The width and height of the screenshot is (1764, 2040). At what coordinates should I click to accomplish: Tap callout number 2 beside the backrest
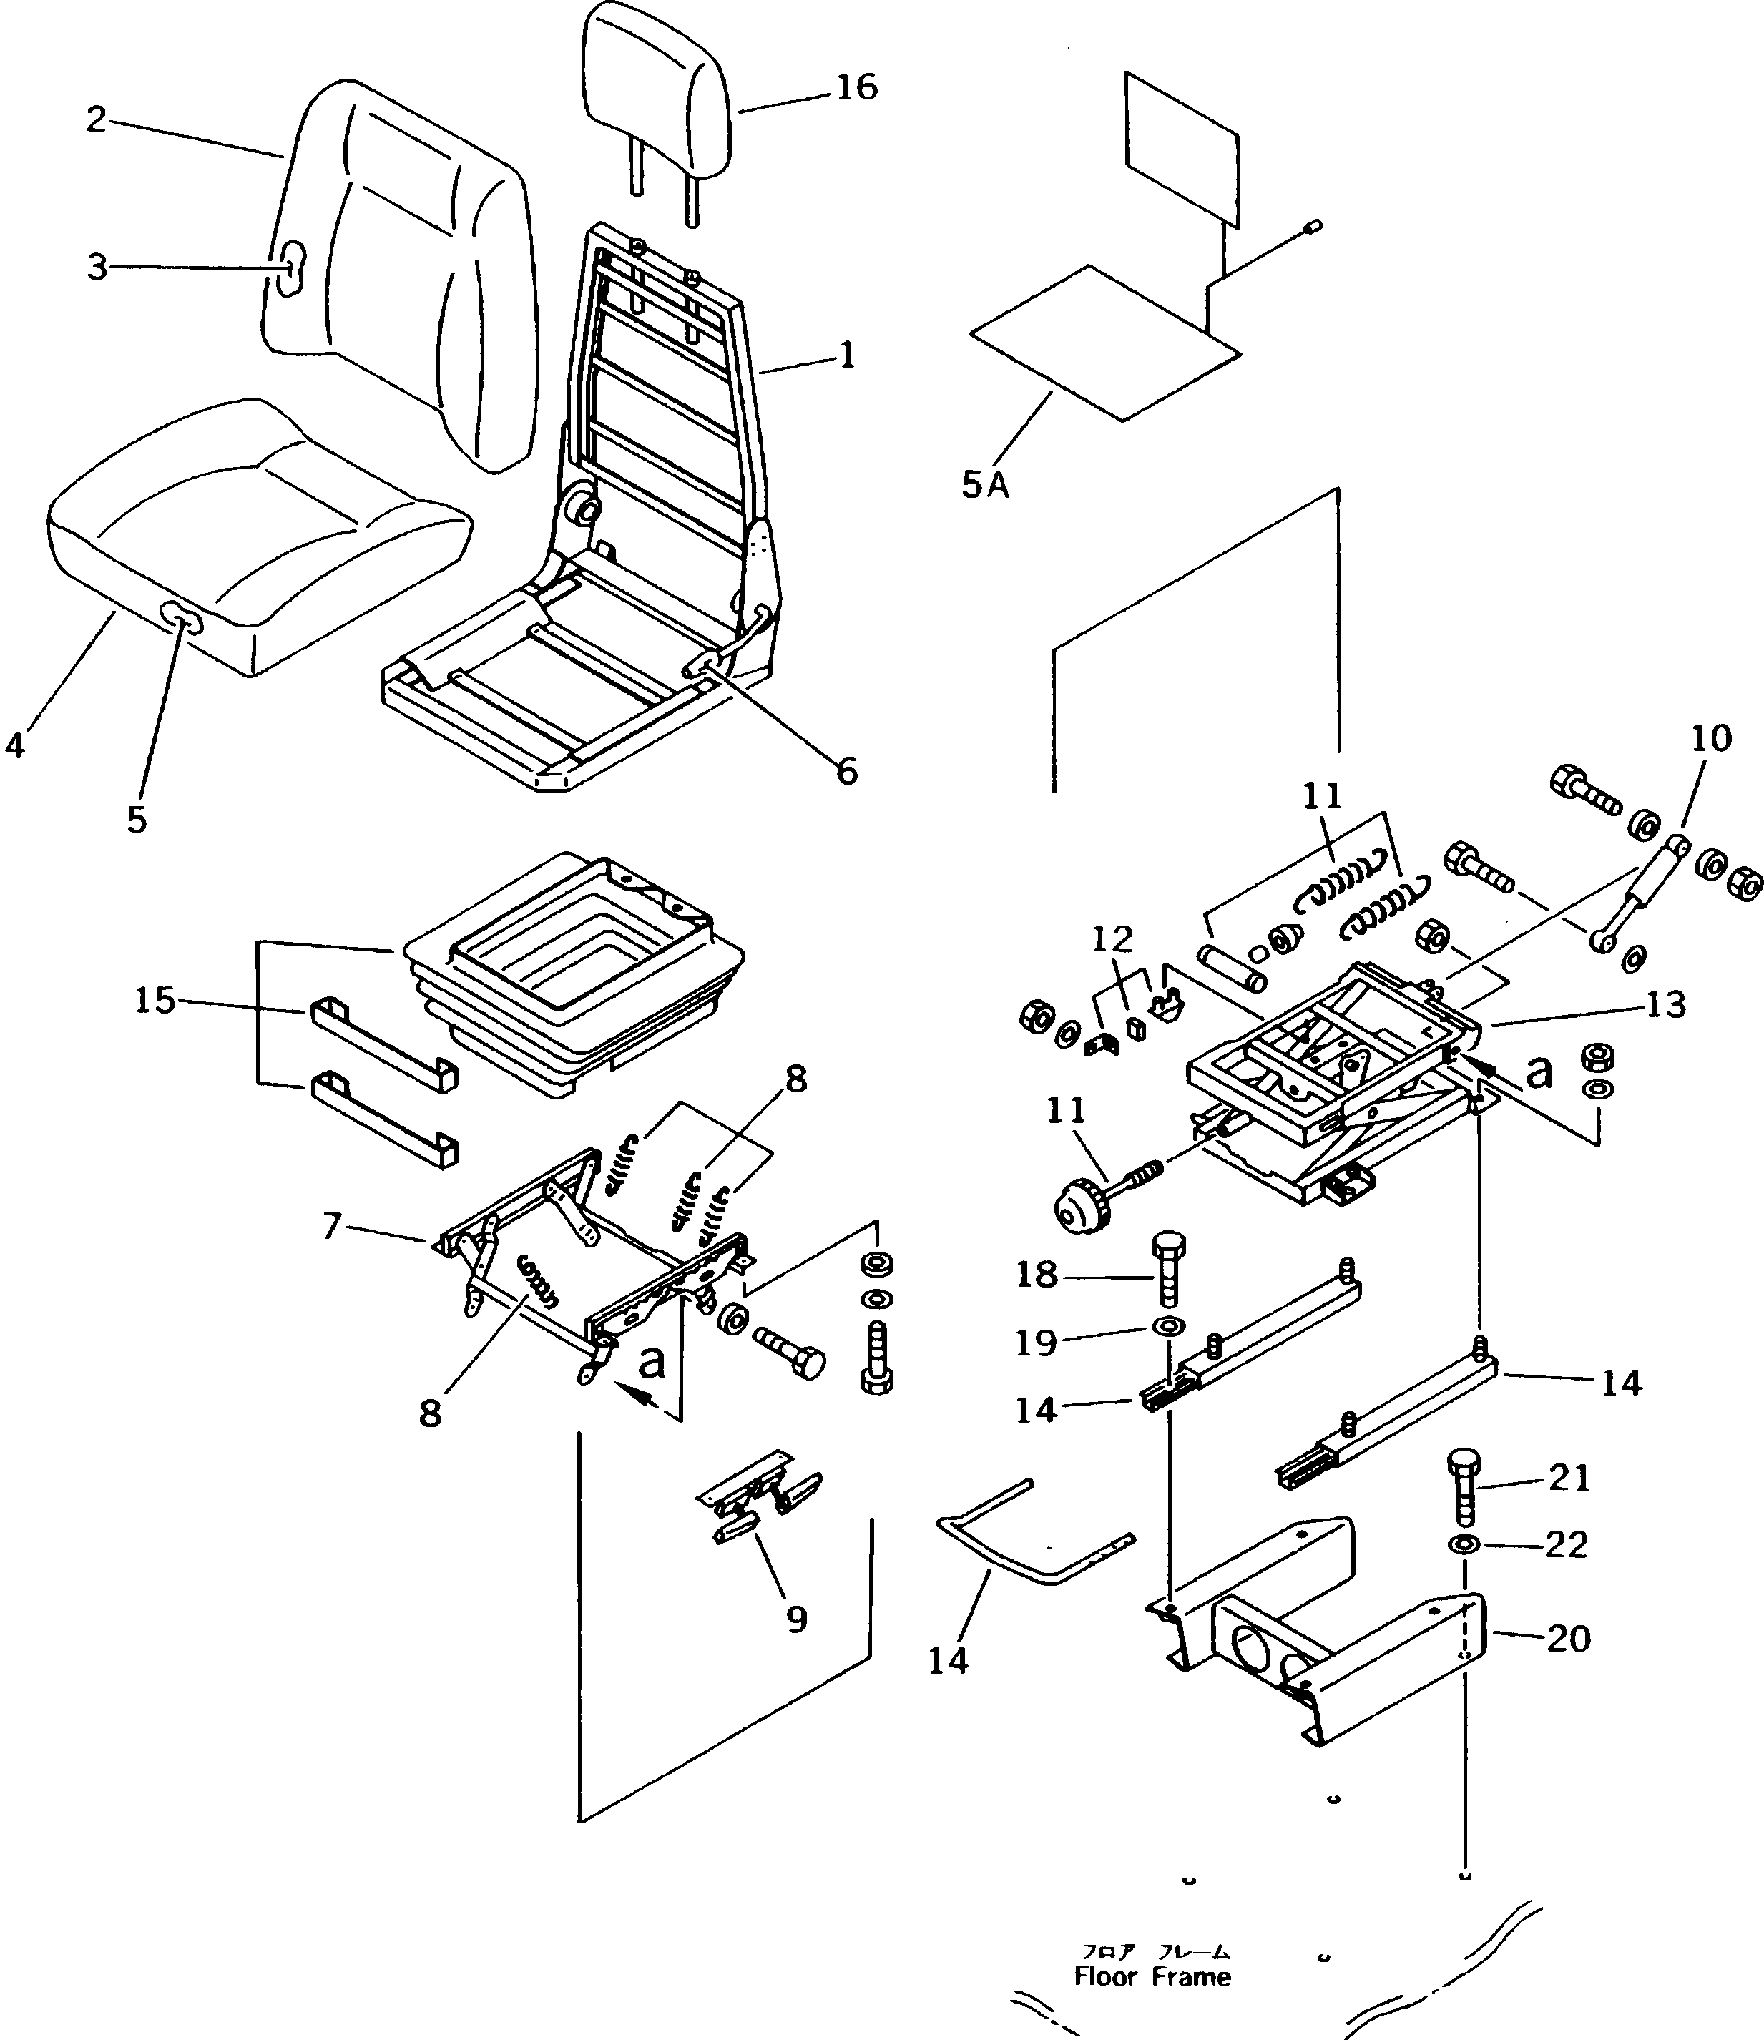[95, 120]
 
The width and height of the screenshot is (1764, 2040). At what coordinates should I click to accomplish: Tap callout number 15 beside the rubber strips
[155, 1001]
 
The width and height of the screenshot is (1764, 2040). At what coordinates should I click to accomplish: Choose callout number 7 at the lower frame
[332, 1227]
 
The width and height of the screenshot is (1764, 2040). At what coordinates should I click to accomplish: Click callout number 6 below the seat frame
[846, 771]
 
